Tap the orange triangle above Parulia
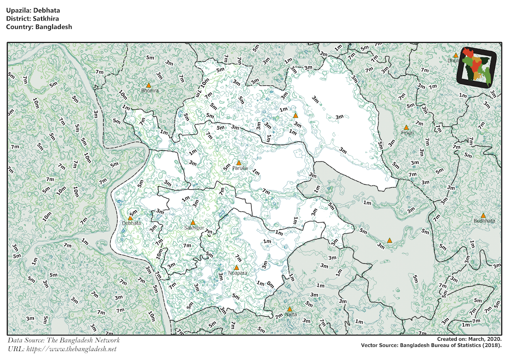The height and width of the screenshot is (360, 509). [x=239, y=163]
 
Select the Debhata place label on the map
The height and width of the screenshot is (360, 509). [x=131, y=223]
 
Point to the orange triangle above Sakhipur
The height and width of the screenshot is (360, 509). [x=193, y=222]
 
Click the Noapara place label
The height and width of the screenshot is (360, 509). [x=237, y=273]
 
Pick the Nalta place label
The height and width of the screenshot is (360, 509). [x=291, y=315]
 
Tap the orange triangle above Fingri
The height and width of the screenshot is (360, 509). [x=406, y=127]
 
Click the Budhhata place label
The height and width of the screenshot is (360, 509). [x=484, y=221]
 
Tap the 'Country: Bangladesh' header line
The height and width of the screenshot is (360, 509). [x=39, y=27]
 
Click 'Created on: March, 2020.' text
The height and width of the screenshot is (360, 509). [x=470, y=340]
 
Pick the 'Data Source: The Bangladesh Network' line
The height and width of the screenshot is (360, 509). [x=64, y=340]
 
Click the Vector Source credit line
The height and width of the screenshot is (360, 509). [x=431, y=346]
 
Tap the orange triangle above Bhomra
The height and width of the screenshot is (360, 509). [x=148, y=85]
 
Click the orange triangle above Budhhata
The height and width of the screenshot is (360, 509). [x=483, y=216]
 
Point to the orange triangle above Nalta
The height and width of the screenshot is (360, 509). [x=290, y=309]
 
